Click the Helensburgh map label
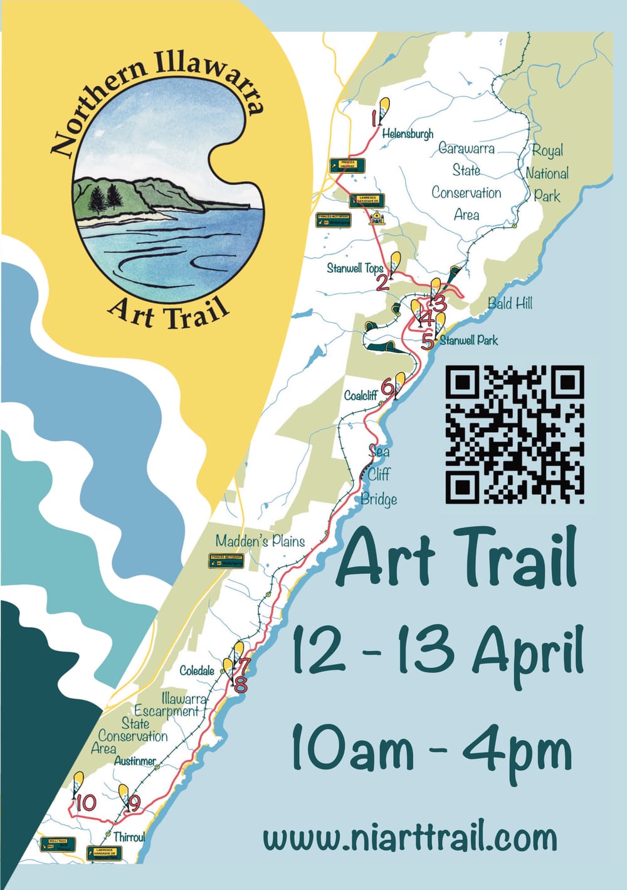point(408,134)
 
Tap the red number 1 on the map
point(375,119)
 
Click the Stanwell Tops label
point(355,268)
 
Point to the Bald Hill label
point(510,304)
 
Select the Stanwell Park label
point(469,341)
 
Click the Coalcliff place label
point(361,396)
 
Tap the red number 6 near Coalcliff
point(387,388)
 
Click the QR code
point(515,435)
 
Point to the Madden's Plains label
point(260,541)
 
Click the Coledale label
point(197,671)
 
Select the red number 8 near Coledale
point(240,684)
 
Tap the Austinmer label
point(135,761)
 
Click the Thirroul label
point(129,837)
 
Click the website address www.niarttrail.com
point(409,838)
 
